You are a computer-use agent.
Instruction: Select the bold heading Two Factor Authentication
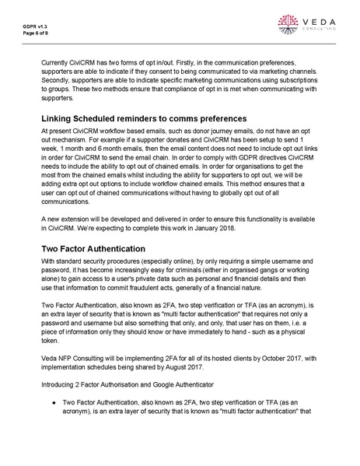[x=97, y=248]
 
